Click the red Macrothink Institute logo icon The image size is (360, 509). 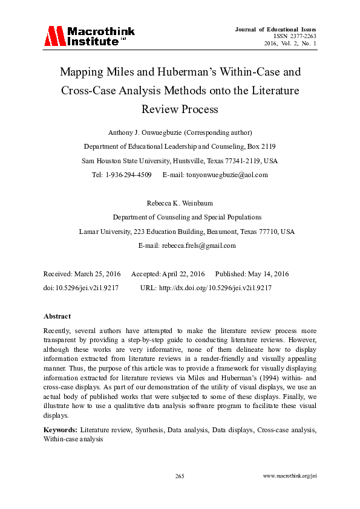point(54,36)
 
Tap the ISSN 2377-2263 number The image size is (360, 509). point(295,36)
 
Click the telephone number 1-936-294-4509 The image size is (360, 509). point(128,175)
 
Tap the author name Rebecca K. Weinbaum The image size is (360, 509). point(180,204)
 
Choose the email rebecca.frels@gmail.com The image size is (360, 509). point(198,246)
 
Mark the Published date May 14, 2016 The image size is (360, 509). point(266,274)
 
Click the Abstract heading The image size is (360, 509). point(57,316)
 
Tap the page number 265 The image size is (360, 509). point(180,476)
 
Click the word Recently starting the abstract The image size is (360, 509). point(57,331)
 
